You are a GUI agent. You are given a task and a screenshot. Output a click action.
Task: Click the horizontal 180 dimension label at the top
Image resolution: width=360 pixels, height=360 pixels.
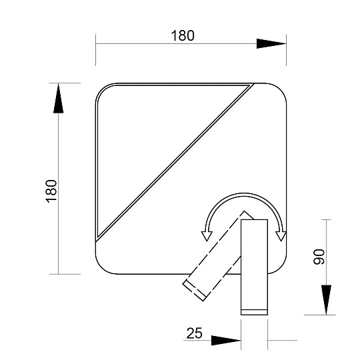point(183,36)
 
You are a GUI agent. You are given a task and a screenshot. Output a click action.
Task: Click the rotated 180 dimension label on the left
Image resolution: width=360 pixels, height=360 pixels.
point(51,191)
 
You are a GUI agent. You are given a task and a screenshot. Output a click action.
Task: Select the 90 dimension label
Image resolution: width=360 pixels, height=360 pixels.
point(319,257)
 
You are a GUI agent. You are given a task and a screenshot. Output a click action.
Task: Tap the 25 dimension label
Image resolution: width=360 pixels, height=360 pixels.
point(194,333)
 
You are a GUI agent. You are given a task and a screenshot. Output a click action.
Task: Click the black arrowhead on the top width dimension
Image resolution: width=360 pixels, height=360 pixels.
point(271,43)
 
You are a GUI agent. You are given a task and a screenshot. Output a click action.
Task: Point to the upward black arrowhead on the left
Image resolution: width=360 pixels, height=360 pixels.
point(58,98)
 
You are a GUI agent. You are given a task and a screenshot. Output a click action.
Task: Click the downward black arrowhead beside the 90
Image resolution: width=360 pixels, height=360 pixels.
point(326,300)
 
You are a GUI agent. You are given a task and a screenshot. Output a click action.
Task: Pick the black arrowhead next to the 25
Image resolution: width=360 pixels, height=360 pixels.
point(226,340)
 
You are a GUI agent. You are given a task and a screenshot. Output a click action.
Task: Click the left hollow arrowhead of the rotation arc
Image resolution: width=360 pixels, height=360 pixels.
point(207,236)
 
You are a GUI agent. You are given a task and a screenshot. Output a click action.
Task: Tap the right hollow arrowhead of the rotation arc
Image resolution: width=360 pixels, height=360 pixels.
point(281,236)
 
